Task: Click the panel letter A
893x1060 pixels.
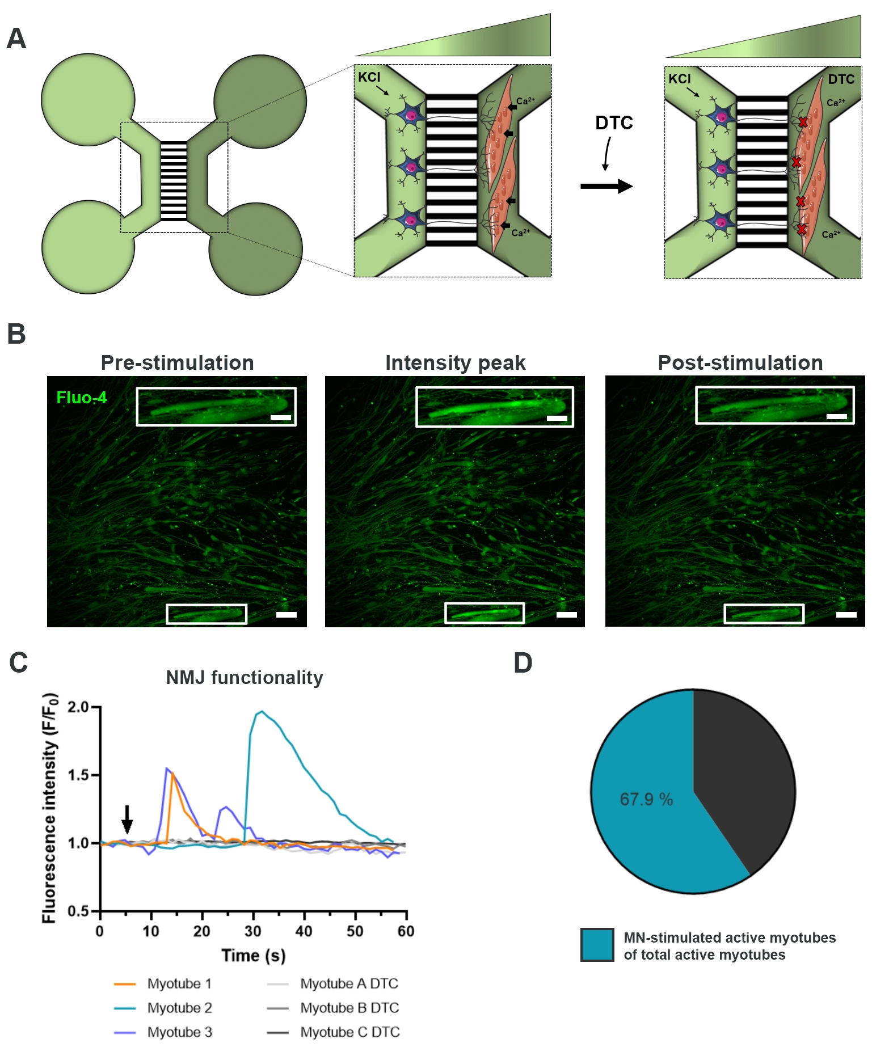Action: tap(16, 39)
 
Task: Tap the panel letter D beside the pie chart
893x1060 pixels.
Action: tap(523, 662)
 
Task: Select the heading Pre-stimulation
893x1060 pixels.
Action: tap(177, 363)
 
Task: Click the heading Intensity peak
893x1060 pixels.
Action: tap(455, 363)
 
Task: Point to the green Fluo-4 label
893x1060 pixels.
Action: tap(81, 398)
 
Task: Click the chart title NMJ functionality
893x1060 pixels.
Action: tap(244, 677)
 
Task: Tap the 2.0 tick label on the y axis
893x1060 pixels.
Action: tap(78, 707)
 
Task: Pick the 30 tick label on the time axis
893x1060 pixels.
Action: tap(252, 931)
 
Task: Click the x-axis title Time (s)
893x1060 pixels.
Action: tap(253, 956)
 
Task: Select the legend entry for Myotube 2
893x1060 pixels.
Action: tap(179, 1008)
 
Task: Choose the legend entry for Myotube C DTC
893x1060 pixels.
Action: tap(349, 1032)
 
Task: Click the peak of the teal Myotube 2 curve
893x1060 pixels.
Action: tap(261, 711)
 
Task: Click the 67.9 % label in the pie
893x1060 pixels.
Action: tap(646, 800)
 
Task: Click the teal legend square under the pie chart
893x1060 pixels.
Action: tap(597, 945)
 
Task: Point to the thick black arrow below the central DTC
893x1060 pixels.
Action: tap(606, 186)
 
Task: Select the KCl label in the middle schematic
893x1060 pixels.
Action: tap(369, 77)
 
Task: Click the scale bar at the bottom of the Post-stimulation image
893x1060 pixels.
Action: tap(846, 615)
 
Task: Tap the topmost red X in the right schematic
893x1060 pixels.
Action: tap(803, 122)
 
